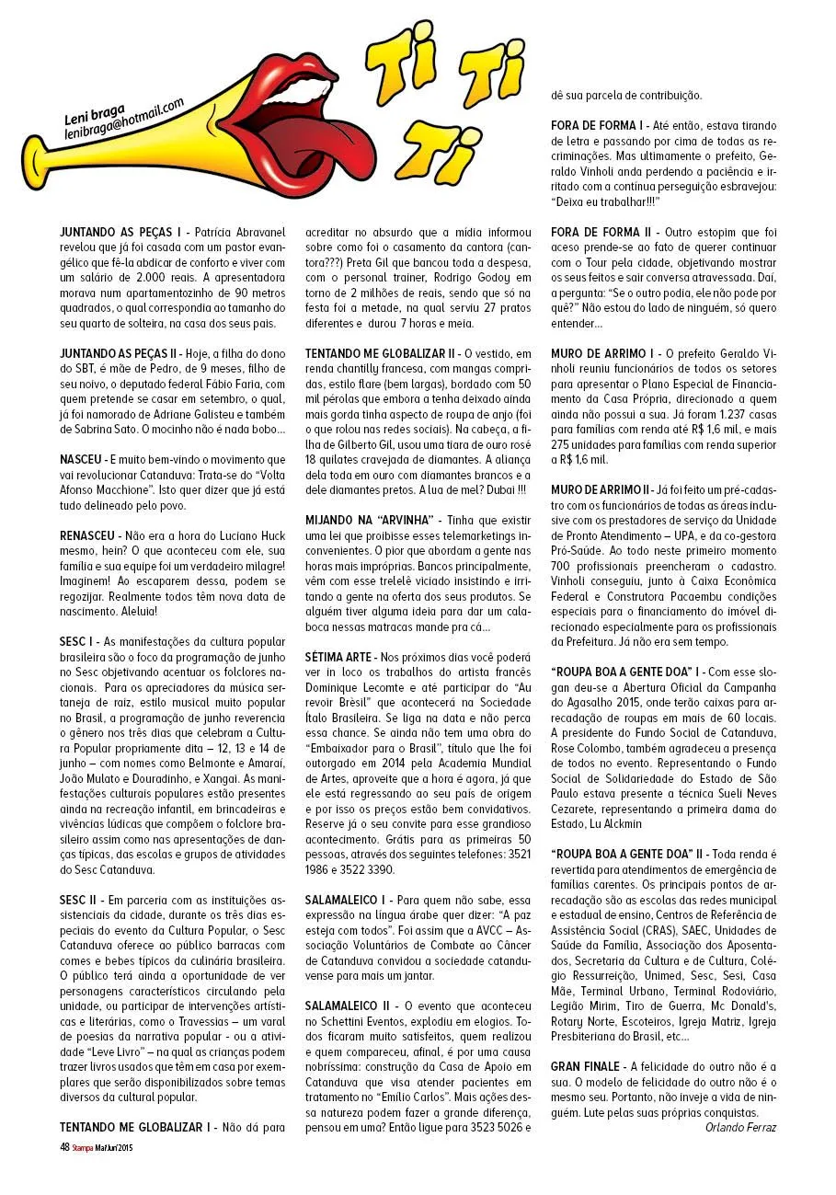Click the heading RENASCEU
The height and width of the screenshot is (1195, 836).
89,534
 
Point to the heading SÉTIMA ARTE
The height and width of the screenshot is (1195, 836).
338,657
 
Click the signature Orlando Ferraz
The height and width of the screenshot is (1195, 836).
740,1127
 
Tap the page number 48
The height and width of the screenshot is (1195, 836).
64,1146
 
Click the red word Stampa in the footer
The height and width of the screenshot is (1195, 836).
85,1147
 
